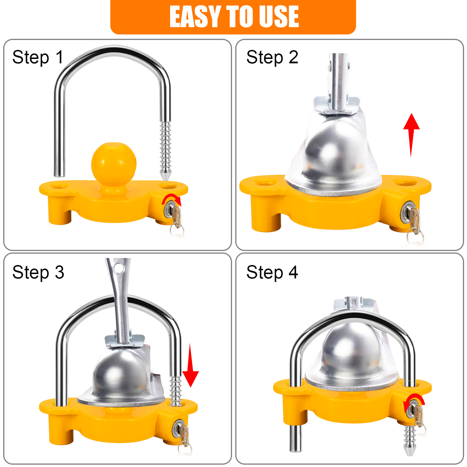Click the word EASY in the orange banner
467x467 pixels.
(195, 17)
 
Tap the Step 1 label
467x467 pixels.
(38, 57)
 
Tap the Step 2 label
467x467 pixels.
(272, 57)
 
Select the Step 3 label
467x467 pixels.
(38, 273)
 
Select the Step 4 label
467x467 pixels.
(272, 273)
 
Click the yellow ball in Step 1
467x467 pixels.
(114, 163)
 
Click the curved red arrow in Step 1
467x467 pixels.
(172, 198)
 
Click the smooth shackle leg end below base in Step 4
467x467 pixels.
(295, 441)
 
